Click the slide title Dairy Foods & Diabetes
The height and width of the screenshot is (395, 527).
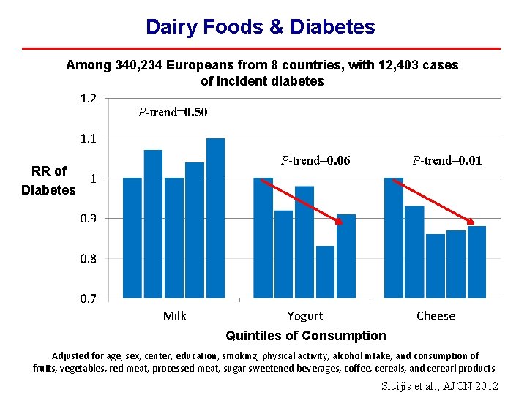(260, 27)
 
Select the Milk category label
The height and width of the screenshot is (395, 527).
(174, 316)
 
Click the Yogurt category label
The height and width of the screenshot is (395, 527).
(304, 316)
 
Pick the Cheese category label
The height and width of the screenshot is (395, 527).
(436, 316)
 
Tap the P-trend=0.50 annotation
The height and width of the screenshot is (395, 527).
(173, 113)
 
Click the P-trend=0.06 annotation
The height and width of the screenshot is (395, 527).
(315, 160)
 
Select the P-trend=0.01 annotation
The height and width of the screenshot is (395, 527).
(446, 160)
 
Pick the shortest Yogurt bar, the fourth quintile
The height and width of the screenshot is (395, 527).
(326, 272)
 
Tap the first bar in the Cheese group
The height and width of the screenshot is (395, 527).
(393, 238)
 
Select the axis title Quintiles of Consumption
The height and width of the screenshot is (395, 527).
(305, 336)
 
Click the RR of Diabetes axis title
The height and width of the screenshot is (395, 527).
(48, 181)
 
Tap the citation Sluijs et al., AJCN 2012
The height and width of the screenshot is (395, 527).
(439, 385)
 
